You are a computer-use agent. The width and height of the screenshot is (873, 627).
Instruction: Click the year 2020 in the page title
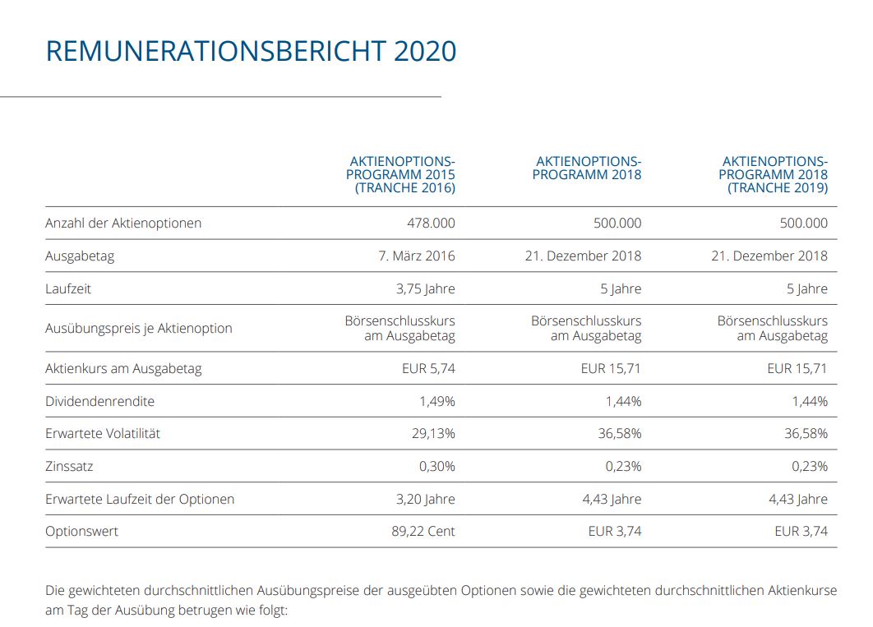(x=424, y=51)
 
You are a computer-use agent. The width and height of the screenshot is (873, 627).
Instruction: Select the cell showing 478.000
(x=431, y=223)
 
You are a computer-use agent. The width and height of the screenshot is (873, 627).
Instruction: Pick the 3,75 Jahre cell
(x=425, y=288)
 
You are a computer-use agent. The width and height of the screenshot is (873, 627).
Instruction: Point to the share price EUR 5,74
(x=427, y=368)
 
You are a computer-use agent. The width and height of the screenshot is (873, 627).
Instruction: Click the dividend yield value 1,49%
(x=437, y=401)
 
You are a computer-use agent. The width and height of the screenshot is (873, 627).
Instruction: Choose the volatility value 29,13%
(x=433, y=433)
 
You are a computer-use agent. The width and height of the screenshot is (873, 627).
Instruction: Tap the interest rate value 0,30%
(x=437, y=466)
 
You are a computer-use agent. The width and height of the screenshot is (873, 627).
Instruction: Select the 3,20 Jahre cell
(x=425, y=499)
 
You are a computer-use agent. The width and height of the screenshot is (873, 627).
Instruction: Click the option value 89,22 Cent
(x=423, y=532)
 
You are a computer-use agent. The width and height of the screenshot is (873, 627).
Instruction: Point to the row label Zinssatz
(x=69, y=466)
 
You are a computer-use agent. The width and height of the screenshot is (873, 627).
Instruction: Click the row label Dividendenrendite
(x=99, y=401)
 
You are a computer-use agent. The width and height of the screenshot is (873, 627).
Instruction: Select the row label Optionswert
(x=81, y=532)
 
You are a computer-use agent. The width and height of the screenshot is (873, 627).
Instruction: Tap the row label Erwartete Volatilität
(x=103, y=433)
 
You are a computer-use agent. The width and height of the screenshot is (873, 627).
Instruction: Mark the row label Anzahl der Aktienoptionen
(x=123, y=223)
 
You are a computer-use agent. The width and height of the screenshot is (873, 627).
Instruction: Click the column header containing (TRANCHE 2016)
(x=402, y=175)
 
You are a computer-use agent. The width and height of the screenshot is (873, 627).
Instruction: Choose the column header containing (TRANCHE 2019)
(x=774, y=175)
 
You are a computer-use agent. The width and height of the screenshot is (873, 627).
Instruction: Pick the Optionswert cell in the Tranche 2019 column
(x=801, y=532)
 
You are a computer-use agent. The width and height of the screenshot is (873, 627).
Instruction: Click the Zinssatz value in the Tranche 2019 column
(x=810, y=466)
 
